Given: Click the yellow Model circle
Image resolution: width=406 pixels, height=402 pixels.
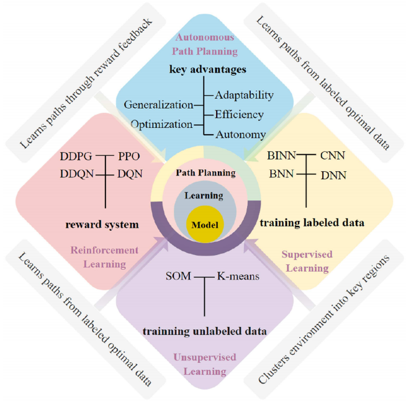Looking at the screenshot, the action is point(205,225).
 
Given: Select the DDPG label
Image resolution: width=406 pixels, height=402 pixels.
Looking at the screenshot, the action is point(76,156).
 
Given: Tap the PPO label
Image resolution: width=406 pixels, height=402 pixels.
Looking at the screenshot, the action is point(129,156).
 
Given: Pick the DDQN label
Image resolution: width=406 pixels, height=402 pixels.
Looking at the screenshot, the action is point(77,174).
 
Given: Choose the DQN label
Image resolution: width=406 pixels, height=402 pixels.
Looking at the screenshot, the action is point(130,174).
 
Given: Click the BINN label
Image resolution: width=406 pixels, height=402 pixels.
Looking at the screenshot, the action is point(281,156).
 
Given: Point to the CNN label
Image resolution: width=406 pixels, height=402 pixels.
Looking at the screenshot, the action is point(333,156).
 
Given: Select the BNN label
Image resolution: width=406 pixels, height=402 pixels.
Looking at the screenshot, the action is point(281,174).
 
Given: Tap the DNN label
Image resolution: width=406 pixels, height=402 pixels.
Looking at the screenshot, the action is point(333,176).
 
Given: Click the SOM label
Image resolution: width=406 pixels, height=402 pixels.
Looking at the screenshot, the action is point(178,276).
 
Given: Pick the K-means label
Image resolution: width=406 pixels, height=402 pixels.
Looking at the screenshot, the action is point(238,276).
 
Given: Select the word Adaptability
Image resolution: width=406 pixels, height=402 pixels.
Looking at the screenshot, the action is point(244,96).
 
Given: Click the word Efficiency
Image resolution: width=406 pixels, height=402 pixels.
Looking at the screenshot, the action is point(239,115).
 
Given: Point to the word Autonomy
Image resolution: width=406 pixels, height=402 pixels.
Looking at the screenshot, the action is point(241,135).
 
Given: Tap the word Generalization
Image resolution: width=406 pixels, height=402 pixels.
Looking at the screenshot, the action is point(158,105).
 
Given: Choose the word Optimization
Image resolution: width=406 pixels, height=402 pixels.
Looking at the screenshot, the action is point(162,125).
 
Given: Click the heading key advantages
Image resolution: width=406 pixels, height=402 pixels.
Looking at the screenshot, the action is point(208,69).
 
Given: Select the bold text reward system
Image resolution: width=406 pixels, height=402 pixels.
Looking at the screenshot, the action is point(102,225).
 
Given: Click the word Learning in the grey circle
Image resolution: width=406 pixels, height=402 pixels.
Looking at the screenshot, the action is point(204,195).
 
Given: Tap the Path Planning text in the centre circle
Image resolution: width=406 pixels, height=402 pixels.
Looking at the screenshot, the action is point(206,173).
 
